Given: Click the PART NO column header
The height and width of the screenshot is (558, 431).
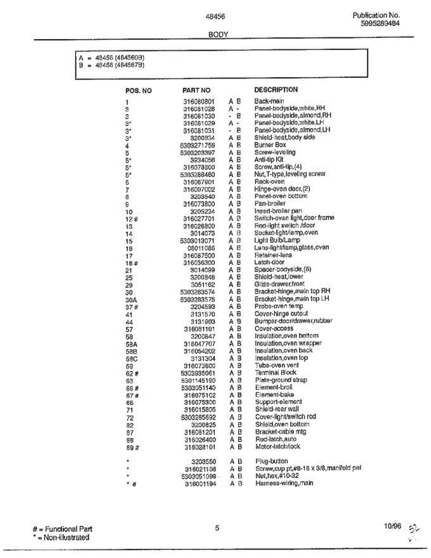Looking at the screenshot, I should pyautogui.click(x=196, y=90).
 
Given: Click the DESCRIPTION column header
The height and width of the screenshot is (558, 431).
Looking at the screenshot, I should pyautogui.click(x=276, y=89).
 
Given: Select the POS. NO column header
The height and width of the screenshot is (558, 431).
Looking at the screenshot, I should pyautogui.click(x=139, y=91).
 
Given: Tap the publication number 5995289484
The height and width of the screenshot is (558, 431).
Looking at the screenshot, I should pyautogui.click(x=380, y=23).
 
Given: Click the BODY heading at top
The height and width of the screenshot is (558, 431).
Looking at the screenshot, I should pyautogui.click(x=218, y=34).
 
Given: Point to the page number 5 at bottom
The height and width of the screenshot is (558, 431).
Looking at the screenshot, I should pyautogui.click(x=217, y=527).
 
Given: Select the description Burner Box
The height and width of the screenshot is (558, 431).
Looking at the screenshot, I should pyautogui.click(x=270, y=145).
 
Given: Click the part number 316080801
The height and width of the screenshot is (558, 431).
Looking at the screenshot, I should pyautogui.click(x=199, y=101).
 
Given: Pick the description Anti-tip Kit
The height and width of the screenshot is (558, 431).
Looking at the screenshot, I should pyautogui.click(x=269, y=159).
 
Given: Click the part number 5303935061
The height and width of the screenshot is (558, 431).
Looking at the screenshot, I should pyautogui.click(x=198, y=373).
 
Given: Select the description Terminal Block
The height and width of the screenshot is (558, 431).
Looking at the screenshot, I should pyautogui.click(x=275, y=372).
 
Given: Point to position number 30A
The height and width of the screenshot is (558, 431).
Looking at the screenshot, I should pyautogui.click(x=131, y=300).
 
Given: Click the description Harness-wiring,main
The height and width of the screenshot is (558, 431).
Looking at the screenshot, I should pyautogui.click(x=284, y=483).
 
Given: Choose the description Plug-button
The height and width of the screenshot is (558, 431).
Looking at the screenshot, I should pyautogui.click(x=272, y=461).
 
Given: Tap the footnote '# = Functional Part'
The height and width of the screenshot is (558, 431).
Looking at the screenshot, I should pyautogui.click(x=62, y=529).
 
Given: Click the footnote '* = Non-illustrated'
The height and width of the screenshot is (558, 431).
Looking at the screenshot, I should pyautogui.click(x=61, y=538).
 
